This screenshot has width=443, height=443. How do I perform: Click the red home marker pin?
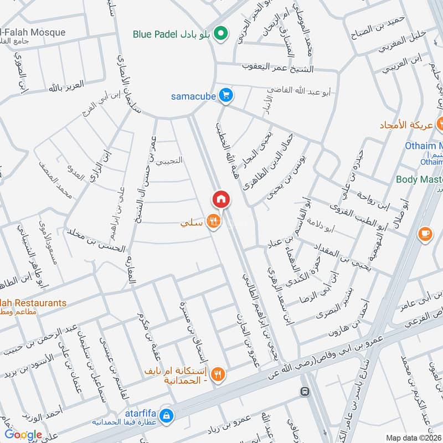(x=220, y=199)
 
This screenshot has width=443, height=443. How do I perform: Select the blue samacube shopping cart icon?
(x=225, y=96)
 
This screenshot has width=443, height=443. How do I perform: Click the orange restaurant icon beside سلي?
(x=212, y=223)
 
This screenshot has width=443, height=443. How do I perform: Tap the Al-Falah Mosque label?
(x=33, y=33)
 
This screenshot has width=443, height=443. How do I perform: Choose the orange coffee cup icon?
(x=425, y=234)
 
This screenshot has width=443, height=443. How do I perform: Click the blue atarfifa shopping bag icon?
(x=165, y=415)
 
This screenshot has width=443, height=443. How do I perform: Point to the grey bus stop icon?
(x=304, y=392)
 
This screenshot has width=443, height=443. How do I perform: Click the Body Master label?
(x=419, y=179)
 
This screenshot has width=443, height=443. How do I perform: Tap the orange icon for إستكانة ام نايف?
(x=218, y=374)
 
